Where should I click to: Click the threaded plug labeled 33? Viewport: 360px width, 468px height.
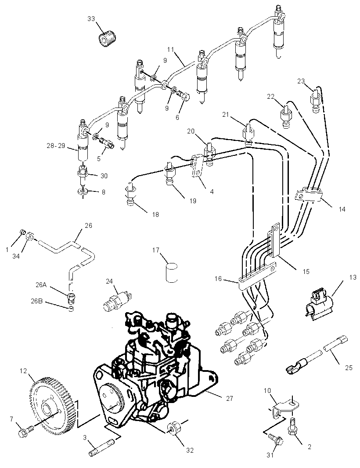coord(108,39)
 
